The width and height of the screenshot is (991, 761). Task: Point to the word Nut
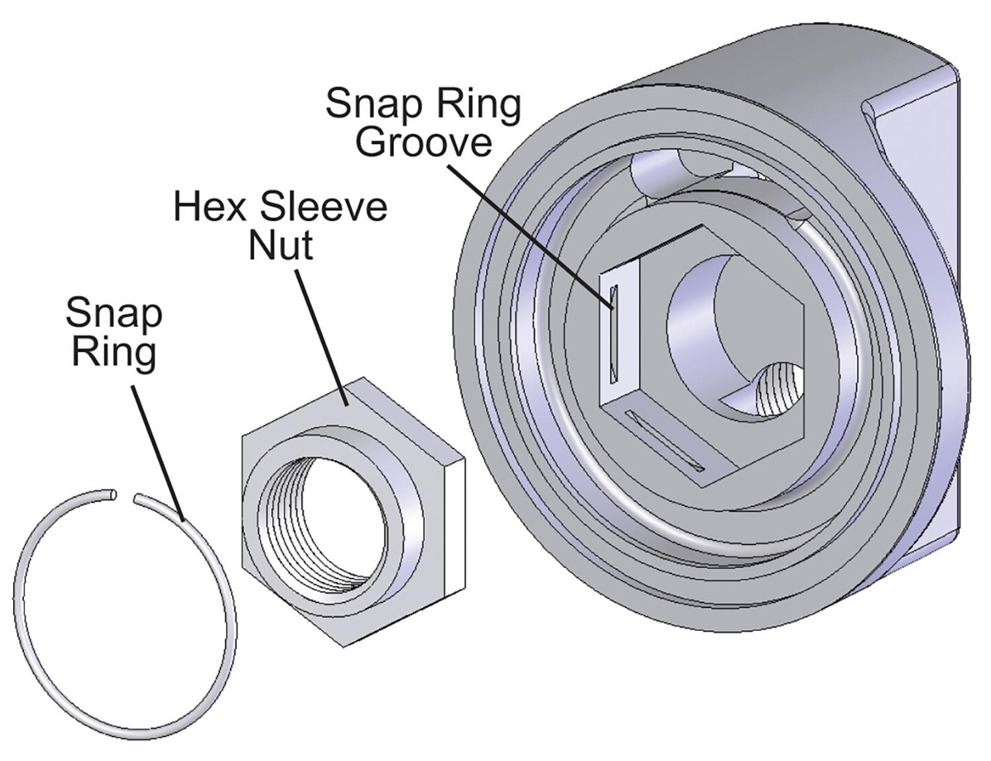click(280, 246)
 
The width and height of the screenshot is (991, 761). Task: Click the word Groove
click(423, 142)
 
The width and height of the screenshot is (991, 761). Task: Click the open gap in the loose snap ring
click(126, 495)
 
